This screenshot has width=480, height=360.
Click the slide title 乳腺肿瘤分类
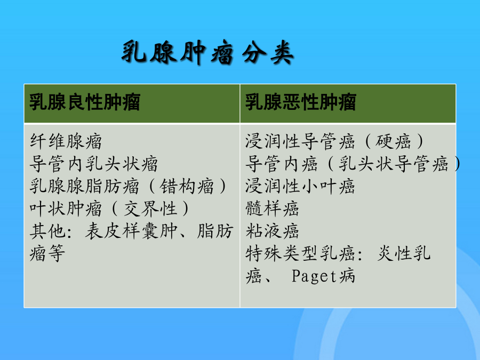coord(207,53)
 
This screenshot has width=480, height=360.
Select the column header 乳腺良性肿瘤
coord(85,102)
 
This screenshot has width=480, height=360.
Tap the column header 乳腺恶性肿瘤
coord(301,102)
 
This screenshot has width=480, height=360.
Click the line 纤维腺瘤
coord(66,141)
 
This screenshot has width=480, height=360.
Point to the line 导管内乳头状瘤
coord(94,164)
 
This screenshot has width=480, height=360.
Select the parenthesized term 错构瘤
coord(187,186)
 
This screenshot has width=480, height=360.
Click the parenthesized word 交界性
coord(150,209)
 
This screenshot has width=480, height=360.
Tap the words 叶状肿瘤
coord(66,209)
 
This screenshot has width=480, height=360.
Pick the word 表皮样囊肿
coord(131,231)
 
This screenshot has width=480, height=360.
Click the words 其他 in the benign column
coord(47,231)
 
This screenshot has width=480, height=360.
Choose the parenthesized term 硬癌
coord(393,141)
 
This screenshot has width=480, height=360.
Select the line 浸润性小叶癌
coord(300,186)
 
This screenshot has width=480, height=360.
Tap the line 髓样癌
coord(272,209)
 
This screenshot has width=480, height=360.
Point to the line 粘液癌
coord(272,231)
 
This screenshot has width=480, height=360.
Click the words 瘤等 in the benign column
coord(47,253)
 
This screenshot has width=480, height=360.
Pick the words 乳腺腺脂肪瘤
coord(84,186)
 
